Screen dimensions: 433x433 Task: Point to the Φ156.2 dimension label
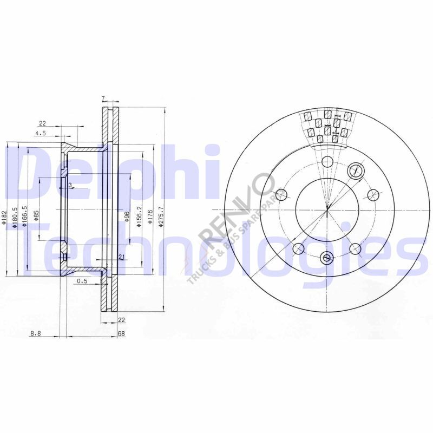(x=139, y=216)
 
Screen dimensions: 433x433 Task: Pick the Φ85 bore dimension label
(x=36, y=215)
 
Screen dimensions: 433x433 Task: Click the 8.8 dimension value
(x=36, y=334)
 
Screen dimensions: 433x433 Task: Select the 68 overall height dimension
(x=121, y=334)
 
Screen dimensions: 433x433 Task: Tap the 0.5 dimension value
(x=82, y=280)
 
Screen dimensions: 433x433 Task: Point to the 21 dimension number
(x=121, y=257)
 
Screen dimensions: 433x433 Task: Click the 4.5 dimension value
(x=41, y=133)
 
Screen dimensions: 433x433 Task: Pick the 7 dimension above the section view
(x=103, y=99)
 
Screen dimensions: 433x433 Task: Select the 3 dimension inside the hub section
(x=70, y=185)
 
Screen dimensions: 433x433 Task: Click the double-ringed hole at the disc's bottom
(x=327, y=258)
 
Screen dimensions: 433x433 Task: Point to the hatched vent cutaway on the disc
(x=328, y=127)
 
